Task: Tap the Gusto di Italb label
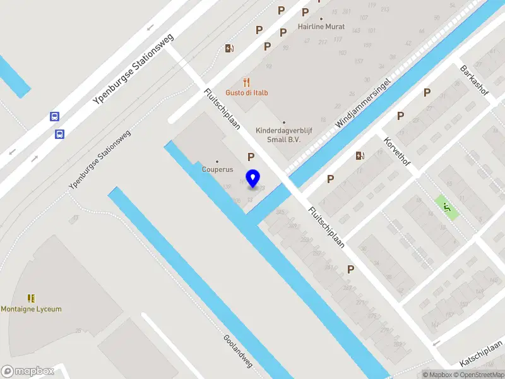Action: (x=247, y=93)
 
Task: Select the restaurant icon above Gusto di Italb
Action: (x=247, y=82)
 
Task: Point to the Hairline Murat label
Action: (x=321, y=28)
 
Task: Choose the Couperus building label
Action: (x=217, y=169)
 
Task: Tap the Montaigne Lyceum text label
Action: (x=32, y=309)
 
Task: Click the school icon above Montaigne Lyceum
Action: (x=31, y=298)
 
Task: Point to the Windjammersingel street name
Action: (x=364, y=104)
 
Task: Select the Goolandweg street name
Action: (x=238, y=351)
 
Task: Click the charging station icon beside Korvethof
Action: (x=360, y=155)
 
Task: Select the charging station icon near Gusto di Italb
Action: (x=229, y=48)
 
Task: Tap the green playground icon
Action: (x=447, y=207)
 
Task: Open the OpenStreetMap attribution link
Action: (x=482, y=375)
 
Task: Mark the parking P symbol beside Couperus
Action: (x=251, y=157)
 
